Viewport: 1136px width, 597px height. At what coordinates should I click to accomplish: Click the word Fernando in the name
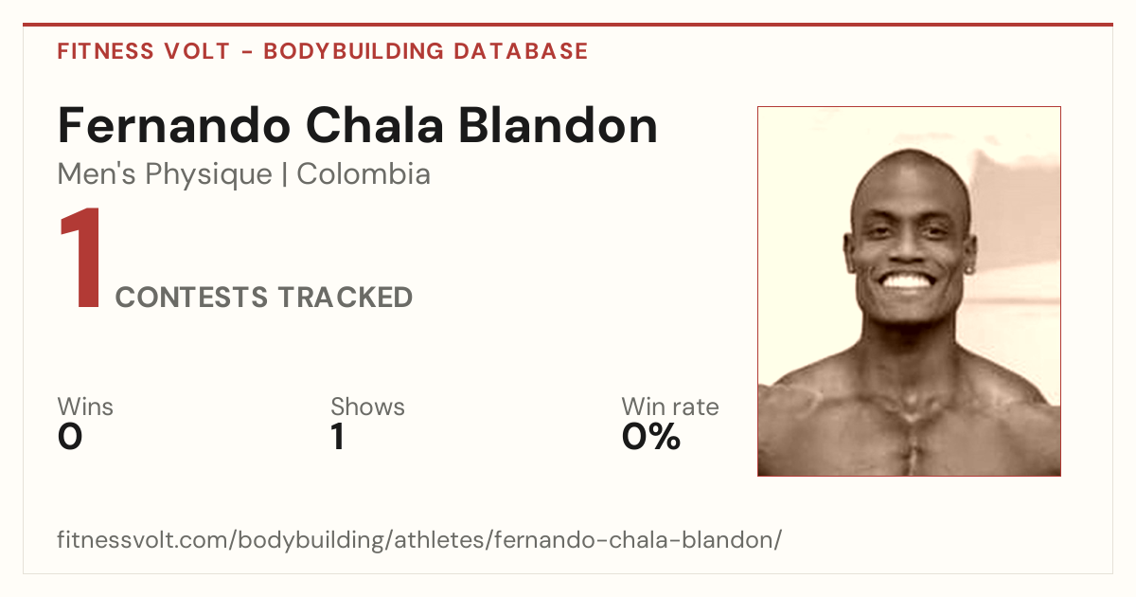click(174, 125)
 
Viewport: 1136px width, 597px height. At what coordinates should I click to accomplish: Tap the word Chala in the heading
click(375, 125)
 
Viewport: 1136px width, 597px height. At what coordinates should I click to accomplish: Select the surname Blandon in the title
click(558, 125)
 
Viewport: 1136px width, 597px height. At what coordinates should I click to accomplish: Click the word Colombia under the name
click(364, 174)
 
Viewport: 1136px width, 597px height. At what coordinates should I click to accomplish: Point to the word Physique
click(208, 175)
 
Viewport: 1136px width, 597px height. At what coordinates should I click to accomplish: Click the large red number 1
click(81, 258)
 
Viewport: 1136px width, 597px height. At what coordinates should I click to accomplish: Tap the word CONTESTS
click(191, 298)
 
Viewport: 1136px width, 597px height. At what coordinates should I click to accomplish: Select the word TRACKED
click(345, 298)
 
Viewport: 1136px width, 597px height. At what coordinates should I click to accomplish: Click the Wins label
click(85, 407)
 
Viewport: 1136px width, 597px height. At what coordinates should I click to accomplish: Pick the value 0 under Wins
click(70, 437)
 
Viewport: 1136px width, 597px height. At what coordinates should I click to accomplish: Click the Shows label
click(367, 407)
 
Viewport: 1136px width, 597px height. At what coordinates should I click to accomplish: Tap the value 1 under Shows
click(338, 437)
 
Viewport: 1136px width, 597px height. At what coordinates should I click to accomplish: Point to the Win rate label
click(670, 407)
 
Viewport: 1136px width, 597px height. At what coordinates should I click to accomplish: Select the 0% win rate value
click(651, 437)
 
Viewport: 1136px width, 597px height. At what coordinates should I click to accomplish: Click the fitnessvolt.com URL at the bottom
click(419, 539)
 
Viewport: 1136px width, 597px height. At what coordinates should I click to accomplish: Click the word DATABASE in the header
click(521, 51)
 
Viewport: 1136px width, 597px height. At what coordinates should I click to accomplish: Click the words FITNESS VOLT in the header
click(144, 51)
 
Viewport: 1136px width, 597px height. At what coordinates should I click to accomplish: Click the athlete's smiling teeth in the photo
click(907, 280)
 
